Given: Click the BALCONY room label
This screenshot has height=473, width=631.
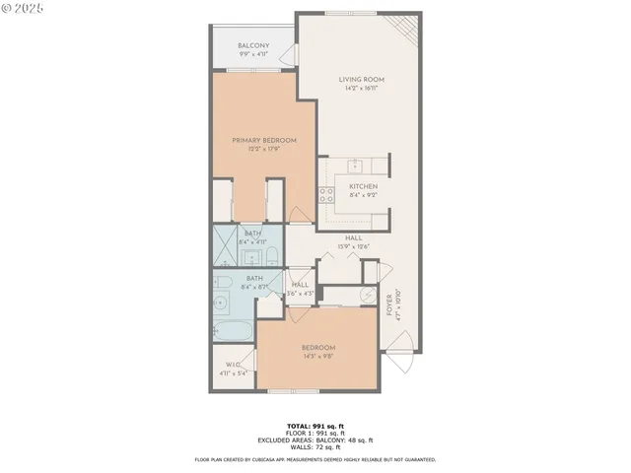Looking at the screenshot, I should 253,45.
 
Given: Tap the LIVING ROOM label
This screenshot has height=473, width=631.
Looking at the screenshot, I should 361,80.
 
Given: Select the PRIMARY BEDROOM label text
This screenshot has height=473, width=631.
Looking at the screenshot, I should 264,141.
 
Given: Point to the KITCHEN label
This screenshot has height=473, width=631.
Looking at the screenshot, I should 363,186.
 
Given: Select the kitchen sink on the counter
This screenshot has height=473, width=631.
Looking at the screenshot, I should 357,166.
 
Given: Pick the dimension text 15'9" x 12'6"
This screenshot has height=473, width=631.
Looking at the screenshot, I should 354,246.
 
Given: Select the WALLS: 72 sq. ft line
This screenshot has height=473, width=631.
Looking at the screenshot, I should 315,446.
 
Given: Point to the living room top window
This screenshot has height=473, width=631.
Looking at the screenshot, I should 351,13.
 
